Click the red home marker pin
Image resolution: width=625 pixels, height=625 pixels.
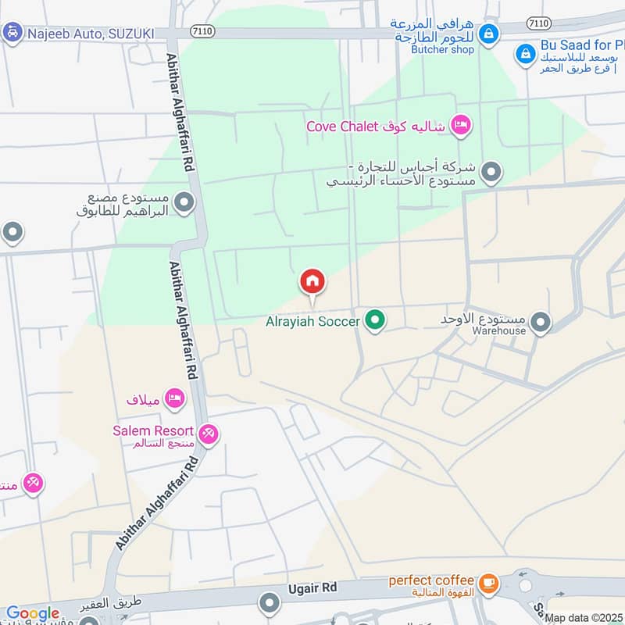tap(312, 282)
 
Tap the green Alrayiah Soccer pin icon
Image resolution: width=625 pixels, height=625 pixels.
tap(376, 320)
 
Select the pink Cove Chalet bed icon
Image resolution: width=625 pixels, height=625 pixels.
tap(462, 126)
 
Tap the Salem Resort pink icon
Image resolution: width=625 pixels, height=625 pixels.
tap(208, 433)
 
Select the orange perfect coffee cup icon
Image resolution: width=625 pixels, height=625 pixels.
tap(488, 582)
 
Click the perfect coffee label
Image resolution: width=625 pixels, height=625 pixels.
tap(431, 580)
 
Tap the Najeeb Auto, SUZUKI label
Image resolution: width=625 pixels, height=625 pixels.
tap(91, 34)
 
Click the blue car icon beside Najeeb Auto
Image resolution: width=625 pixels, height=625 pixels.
tap(12, 34)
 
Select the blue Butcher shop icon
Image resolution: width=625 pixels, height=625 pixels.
tap(488, 34)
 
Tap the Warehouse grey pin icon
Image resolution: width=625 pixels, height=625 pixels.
tap(540, 321)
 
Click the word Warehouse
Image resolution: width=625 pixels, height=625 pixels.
tap(498, 330)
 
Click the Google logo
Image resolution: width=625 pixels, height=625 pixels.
tap(33, 614)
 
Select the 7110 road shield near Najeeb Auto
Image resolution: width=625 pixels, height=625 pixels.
tap(202, 31)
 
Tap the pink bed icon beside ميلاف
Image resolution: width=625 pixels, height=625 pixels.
tap(176, 398)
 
